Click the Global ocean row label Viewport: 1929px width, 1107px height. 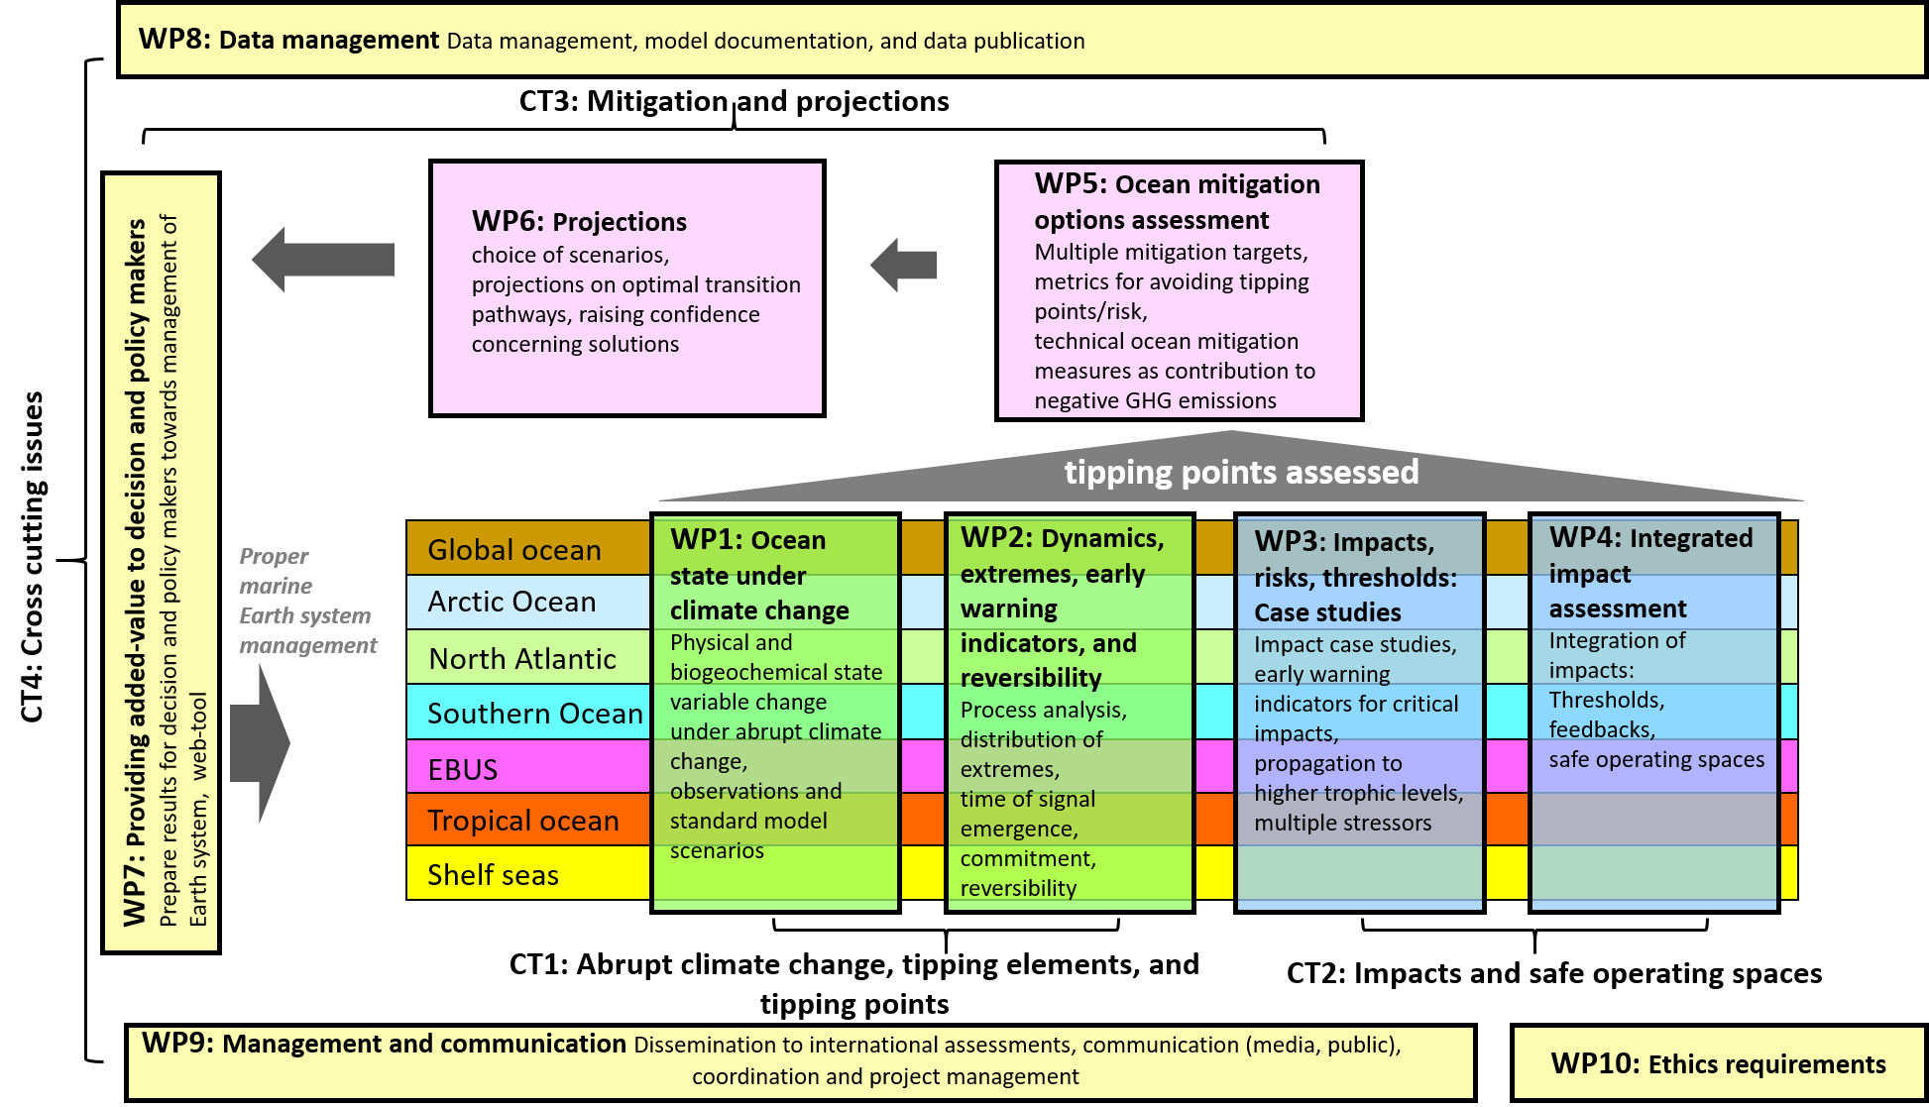[513, 550]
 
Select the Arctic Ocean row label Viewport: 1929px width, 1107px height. [511, 602]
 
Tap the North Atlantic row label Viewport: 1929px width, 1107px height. [522, 659]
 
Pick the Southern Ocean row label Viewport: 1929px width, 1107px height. [534, 714]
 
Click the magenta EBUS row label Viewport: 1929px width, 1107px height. [462, 769]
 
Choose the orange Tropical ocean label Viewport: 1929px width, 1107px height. [522, 821]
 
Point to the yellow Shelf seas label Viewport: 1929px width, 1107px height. [493, 875]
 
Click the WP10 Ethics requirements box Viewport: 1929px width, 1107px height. [1718, 1064]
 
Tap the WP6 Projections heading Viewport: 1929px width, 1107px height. [579, 222]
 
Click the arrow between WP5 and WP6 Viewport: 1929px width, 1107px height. [903, 265]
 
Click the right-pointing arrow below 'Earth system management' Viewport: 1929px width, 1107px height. [260, 742]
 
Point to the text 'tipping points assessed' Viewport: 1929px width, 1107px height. [1241, 472]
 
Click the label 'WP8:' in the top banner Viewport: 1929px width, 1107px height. [173, 40]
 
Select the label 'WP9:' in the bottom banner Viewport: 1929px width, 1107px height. [177, 1043]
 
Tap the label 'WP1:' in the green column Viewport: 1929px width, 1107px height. [706, 540]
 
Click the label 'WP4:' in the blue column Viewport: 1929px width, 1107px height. [1585, 537]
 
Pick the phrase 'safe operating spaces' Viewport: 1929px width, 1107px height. [1656, 760]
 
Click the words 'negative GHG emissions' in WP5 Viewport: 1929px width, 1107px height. [1155, 400]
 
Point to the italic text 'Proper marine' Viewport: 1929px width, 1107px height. [275, 571]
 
